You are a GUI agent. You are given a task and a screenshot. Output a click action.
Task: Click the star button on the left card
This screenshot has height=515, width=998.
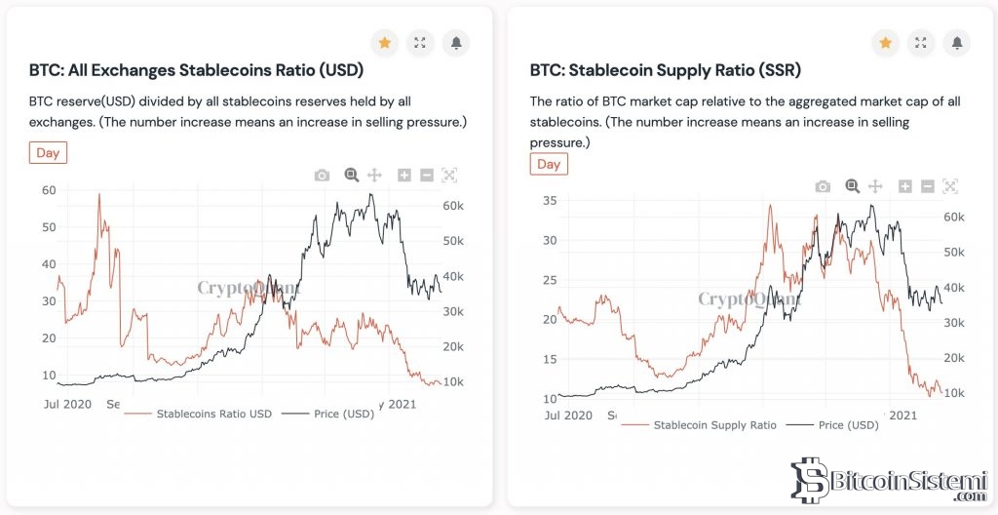[385, 43]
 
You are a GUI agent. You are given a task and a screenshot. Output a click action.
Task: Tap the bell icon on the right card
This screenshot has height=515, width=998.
[957, 43]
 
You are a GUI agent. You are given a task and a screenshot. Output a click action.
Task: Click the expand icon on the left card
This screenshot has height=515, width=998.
[420, 43]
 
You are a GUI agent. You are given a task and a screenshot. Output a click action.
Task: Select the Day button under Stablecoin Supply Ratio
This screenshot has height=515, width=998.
[549, 164]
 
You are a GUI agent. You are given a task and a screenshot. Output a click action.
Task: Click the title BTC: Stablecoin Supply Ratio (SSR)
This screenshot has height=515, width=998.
[665, 70]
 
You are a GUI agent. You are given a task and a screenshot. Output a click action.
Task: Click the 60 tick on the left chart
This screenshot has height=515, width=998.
[48, 190]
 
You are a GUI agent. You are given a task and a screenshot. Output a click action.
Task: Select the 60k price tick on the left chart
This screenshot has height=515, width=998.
[451, 207]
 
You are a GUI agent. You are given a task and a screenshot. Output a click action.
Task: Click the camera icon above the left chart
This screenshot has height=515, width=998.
[322, 176]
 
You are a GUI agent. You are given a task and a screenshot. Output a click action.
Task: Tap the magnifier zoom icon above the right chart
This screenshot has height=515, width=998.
[852, 186]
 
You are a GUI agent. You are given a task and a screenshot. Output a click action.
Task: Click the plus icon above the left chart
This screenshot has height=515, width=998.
[404, 176]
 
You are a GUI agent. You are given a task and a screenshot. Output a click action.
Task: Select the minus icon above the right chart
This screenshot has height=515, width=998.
[927, 186]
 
